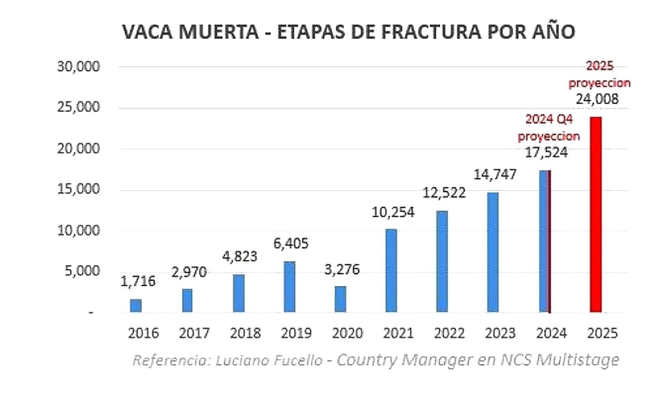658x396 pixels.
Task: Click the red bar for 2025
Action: (595, 215)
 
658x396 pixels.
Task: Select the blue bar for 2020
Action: (341, 299)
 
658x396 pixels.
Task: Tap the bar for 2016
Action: (136, 306)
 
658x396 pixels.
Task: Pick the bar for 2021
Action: (391, 271)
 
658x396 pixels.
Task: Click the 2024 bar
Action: (544, 241)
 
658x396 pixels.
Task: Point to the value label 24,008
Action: (597, 99)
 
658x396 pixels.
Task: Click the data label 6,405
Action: (291, 243)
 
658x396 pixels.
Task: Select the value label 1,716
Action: (138, 281)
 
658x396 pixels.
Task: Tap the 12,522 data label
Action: (444, 192)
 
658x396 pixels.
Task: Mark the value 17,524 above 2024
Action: (546, 153)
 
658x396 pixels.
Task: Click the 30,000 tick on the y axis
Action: (78, 67)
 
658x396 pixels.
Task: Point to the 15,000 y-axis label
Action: (78, 189)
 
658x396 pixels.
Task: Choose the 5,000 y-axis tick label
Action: (82, 271)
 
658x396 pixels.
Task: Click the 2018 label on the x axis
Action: (245, 333)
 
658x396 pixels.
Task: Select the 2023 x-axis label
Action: (500, 333)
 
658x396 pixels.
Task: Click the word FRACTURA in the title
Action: (431, 32)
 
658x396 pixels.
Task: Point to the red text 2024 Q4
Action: (549, 119)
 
